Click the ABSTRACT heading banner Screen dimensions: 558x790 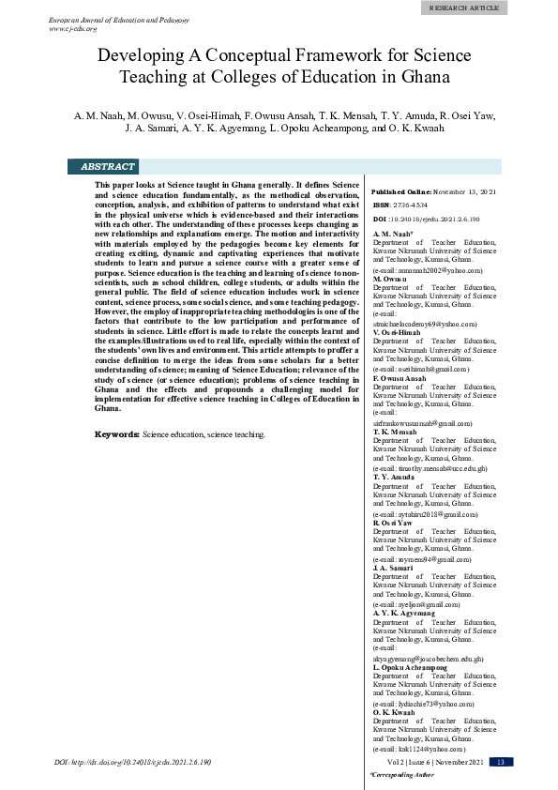pos(108,166)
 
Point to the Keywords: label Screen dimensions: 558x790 pos(117,434)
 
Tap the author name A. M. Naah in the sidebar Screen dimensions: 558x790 pos(392,232)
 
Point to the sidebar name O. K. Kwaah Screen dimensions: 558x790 pos(395,712)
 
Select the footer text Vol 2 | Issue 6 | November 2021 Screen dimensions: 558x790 pos(428,762)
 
